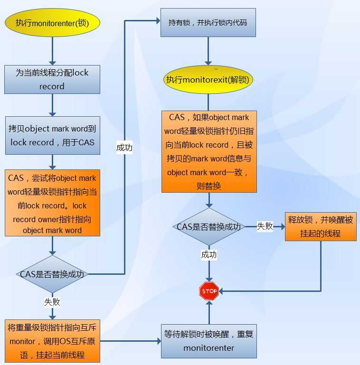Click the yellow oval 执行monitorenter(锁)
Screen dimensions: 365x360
[x=52, y=22]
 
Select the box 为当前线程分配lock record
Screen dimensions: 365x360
[x=52, y=79]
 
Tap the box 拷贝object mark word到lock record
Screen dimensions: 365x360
[x=52, y=135]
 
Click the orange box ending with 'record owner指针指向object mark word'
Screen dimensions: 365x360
[x=52, y=203]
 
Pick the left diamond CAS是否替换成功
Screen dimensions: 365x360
[x=52, y=274]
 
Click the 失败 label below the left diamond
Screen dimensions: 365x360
[x=52, y=301]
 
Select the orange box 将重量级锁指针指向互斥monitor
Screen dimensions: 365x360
[x=52, y=341]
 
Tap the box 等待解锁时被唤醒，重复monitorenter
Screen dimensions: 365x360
[x=208, y=341]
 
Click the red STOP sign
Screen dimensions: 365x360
[x=208, y=291]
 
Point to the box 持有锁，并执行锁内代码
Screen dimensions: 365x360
[x=208, y=22]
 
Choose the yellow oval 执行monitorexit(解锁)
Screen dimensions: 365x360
[x=208, y=79]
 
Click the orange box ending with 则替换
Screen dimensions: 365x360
[x=208, y=151]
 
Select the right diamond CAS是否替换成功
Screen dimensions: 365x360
[x=208, y=226]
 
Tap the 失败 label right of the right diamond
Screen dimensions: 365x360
[x=265, y=226]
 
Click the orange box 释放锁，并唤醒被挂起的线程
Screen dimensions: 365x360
[x=321, y=226]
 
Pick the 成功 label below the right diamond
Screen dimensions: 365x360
[x=208, y=255]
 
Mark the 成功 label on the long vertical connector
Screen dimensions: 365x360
[x=124, y=148]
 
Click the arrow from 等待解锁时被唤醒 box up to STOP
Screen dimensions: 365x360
[x=208, y=311]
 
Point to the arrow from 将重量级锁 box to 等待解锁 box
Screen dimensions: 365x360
[x=131, y=341]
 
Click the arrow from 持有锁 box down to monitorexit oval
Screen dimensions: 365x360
[x=208, y=50]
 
